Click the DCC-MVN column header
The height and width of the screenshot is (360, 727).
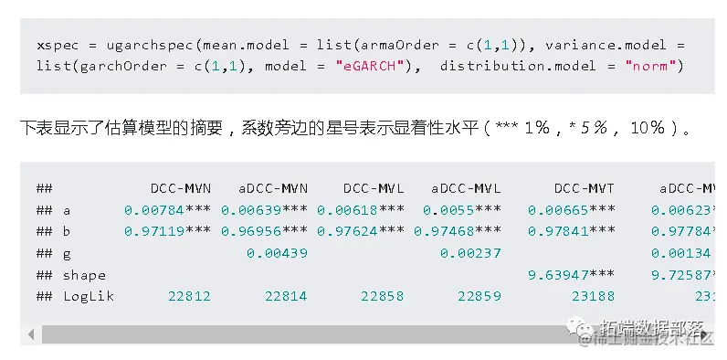(x=181, y=188)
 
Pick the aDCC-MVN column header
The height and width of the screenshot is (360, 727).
(x=273, y=188)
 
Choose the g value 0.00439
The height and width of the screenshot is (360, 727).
(x=278, y=253)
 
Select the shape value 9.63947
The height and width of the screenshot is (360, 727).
(x=558, y=274)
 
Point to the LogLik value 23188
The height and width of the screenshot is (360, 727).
(x=594, y=296)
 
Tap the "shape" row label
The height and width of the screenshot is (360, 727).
(x=84, y=274)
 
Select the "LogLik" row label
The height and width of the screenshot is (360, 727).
(x=89, y=296)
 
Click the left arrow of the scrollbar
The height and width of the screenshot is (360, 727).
(x=32, y=334)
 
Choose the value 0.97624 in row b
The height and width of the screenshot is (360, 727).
(x=348, y=231)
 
